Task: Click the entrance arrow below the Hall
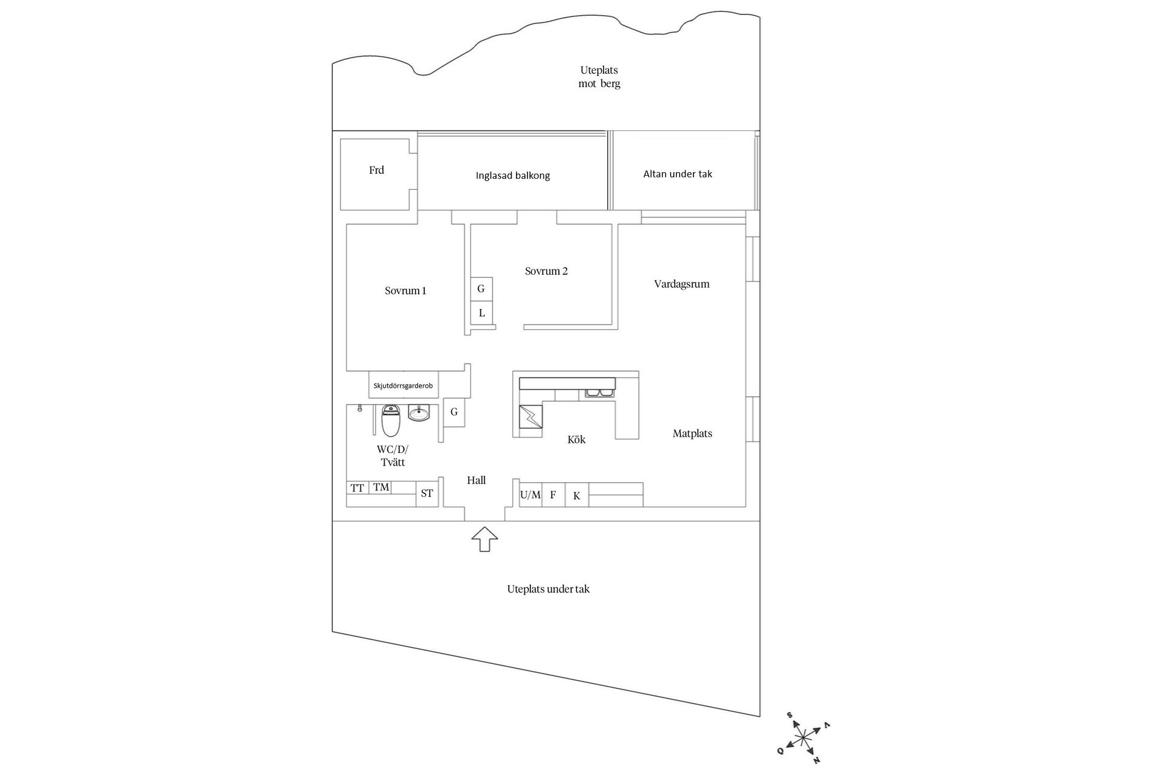484,539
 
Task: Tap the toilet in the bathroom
391,420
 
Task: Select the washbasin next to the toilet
419,413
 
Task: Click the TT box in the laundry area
357,488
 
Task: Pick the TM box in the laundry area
381,487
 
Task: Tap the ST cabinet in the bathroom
427,493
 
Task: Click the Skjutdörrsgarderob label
403,385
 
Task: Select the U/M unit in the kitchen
530,495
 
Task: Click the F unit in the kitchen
553,495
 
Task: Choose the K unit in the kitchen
577,496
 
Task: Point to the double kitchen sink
599,394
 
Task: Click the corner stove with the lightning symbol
530,417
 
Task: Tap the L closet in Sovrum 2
482,313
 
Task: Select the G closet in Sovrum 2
482,289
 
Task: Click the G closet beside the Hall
454,412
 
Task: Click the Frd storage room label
376,170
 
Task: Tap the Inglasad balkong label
512,176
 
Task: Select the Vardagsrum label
681,284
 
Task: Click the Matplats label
692,434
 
